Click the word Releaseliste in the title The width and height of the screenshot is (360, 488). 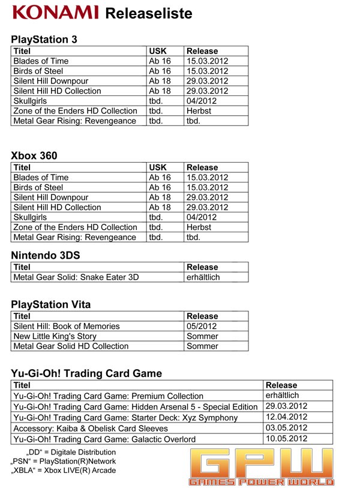148,13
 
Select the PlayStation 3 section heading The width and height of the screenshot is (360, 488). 44,40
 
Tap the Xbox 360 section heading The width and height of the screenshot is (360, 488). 34,155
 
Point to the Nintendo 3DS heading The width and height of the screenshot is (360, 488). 46,255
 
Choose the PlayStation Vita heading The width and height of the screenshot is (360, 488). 51,304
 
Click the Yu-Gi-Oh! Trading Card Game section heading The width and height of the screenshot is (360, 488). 86,373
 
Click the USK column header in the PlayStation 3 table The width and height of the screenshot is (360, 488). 157,51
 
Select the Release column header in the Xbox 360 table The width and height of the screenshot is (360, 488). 202,167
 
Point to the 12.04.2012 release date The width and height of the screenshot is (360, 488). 286,417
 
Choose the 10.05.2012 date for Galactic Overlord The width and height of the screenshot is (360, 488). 286,438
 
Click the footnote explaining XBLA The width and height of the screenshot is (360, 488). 64,470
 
